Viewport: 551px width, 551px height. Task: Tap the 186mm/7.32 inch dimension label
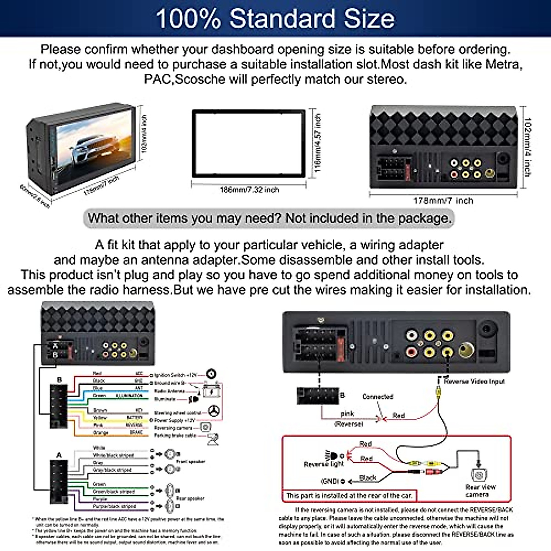[249, 190]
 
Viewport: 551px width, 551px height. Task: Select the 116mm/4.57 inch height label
[317, 143]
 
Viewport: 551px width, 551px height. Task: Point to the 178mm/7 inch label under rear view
[443, 201]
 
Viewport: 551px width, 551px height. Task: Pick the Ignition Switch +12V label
[175, 375]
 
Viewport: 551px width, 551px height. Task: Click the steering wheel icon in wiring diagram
[214, 411]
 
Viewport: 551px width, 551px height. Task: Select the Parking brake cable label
[175, 435]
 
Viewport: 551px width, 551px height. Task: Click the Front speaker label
[191, 461]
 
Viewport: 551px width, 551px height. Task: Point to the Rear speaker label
[190, 498]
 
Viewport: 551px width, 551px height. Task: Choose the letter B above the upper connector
[59, 380]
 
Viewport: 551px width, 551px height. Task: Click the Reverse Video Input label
[474, 381]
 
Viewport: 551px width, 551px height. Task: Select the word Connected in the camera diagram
[377, 397]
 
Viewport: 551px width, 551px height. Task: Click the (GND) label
[329, 481]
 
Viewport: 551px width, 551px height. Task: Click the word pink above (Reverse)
[347, 414]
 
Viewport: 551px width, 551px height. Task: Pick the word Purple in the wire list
[100, 499]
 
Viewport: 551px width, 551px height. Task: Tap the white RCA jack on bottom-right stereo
[411, 336]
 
